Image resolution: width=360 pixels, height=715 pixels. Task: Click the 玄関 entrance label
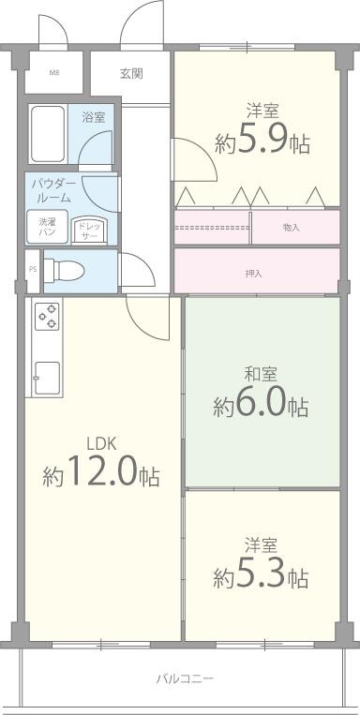130,73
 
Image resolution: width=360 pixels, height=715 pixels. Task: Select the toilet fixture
64,271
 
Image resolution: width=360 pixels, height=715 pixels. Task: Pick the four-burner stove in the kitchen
47,318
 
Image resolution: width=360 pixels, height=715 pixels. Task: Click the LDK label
100,443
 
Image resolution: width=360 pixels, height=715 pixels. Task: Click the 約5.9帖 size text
262,142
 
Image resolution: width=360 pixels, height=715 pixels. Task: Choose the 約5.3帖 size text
261,576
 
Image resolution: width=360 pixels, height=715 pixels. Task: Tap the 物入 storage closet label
291,227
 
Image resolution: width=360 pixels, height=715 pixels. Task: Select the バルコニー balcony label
185,677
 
